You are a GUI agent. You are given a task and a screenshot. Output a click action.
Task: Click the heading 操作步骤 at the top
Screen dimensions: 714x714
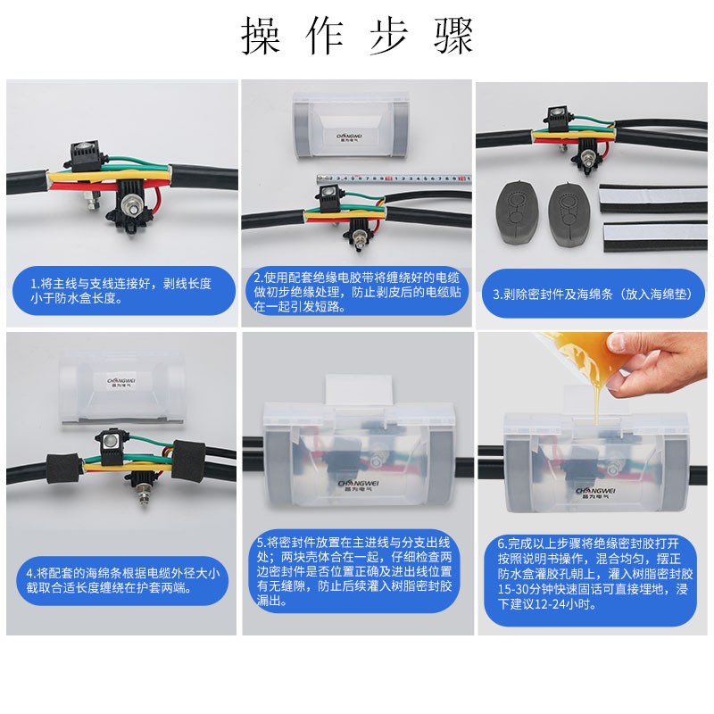coord(358,35)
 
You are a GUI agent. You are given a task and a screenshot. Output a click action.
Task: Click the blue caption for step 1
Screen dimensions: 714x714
coord(124,291)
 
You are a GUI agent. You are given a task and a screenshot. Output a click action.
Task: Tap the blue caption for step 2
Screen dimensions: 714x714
coord(357,292)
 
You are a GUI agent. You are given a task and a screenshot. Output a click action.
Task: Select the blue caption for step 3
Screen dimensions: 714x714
coord(594,294)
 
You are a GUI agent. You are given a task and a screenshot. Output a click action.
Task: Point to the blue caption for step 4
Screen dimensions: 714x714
coord(122,580)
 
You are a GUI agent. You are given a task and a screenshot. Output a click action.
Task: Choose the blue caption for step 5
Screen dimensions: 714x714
coord(354,570)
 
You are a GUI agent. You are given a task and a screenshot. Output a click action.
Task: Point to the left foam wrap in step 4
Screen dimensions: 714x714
coord(62,468)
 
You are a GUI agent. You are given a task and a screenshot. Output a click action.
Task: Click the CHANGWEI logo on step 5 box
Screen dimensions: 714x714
coord(359,486)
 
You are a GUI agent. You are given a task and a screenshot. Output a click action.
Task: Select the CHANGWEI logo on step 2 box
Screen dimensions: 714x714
coord(349,137)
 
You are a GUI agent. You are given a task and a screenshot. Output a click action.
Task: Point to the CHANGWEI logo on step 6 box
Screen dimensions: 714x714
coord(595,493)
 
